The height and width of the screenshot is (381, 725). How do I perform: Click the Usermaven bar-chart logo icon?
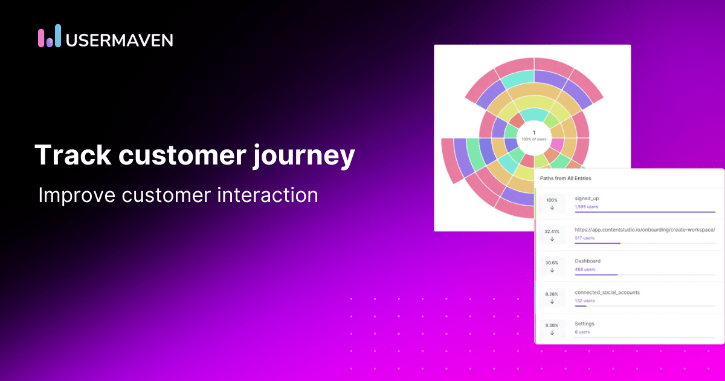click(50, 37)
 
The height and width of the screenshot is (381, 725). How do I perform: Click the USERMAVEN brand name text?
click(119, 40)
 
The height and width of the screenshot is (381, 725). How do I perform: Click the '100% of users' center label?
click(533, 140)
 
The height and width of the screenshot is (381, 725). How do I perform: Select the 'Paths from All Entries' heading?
click(565, 178)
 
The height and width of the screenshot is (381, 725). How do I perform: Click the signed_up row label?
click(587, 198)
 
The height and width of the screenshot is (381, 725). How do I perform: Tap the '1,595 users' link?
click(585, 207)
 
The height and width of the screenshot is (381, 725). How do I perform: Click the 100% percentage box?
click(552, 203)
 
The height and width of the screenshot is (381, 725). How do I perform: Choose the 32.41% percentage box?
click(552, 235)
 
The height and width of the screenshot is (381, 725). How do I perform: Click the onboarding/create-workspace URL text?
click(645, 230)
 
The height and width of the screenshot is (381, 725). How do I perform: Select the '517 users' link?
click(584, 238)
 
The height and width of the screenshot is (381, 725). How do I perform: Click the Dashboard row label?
click(587, 261)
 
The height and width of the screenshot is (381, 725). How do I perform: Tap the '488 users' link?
click(585, 270)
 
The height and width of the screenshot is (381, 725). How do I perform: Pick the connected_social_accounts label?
click(607, 293)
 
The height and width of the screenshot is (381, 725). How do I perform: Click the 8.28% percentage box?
click(552, 297)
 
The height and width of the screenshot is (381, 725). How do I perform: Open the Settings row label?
click(584, 324)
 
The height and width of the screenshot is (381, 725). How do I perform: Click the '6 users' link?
click(582, 332)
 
